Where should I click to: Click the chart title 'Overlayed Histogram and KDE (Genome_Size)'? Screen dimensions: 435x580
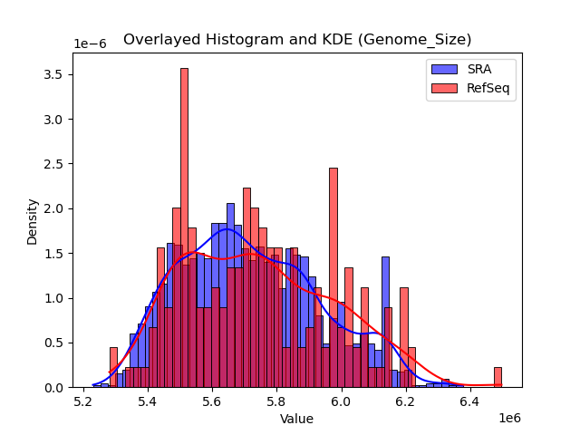[x=297, y=40]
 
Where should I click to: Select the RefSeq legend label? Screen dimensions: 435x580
[x=488, y=89]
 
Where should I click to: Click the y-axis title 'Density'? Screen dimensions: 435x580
[x=33, y=221]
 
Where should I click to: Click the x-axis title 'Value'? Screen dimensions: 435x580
[x=296, y=419]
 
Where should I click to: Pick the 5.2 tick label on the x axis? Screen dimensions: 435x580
[x=84, y=401]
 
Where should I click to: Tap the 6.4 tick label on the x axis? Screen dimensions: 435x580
[x=469, y=401]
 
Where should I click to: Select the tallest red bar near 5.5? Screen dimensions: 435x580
[x=184, y=227]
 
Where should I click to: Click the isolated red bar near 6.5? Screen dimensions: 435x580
[x=498, y=377]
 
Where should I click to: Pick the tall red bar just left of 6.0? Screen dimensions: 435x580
[x=333, y=277]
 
